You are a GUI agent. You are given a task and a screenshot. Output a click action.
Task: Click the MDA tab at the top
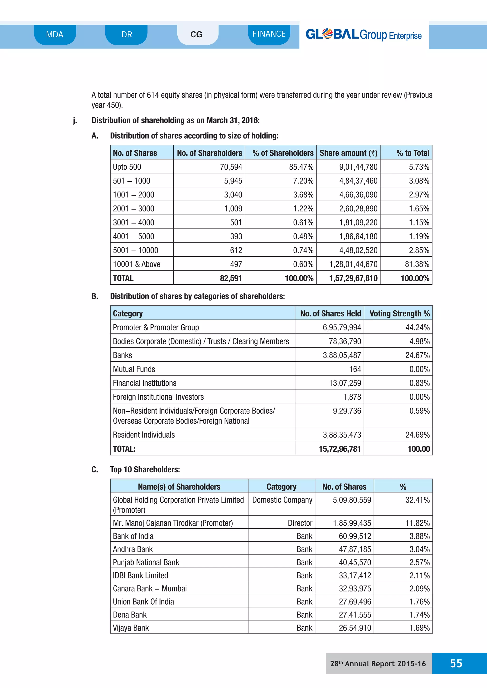pos(55,35)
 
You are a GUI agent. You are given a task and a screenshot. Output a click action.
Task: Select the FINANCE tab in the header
pos(269,34)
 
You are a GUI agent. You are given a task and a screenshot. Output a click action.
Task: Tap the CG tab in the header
pos(196,35)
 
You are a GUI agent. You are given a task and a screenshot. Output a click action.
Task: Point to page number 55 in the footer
pos(456,663)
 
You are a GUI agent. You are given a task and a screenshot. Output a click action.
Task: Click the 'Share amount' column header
pos(348,153)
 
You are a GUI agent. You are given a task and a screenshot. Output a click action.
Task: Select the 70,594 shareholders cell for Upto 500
pos(231,167)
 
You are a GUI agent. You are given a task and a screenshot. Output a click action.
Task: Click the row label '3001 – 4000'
pos(133,223)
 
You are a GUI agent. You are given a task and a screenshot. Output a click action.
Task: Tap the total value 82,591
pos(231,278)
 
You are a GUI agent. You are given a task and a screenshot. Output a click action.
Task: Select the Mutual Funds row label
pos(134,369)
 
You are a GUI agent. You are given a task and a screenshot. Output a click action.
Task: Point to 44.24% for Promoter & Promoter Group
pos(417,328)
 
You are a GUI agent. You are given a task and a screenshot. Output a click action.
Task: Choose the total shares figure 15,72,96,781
pos(340,449)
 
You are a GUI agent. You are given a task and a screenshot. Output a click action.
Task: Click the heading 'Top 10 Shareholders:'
pos(145,469)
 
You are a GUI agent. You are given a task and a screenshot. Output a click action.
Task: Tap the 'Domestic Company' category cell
pos(282,500)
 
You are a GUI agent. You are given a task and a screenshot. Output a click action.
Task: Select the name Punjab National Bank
pos(146,563)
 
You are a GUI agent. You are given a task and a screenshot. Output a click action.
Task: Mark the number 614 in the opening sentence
pos(153,95)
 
